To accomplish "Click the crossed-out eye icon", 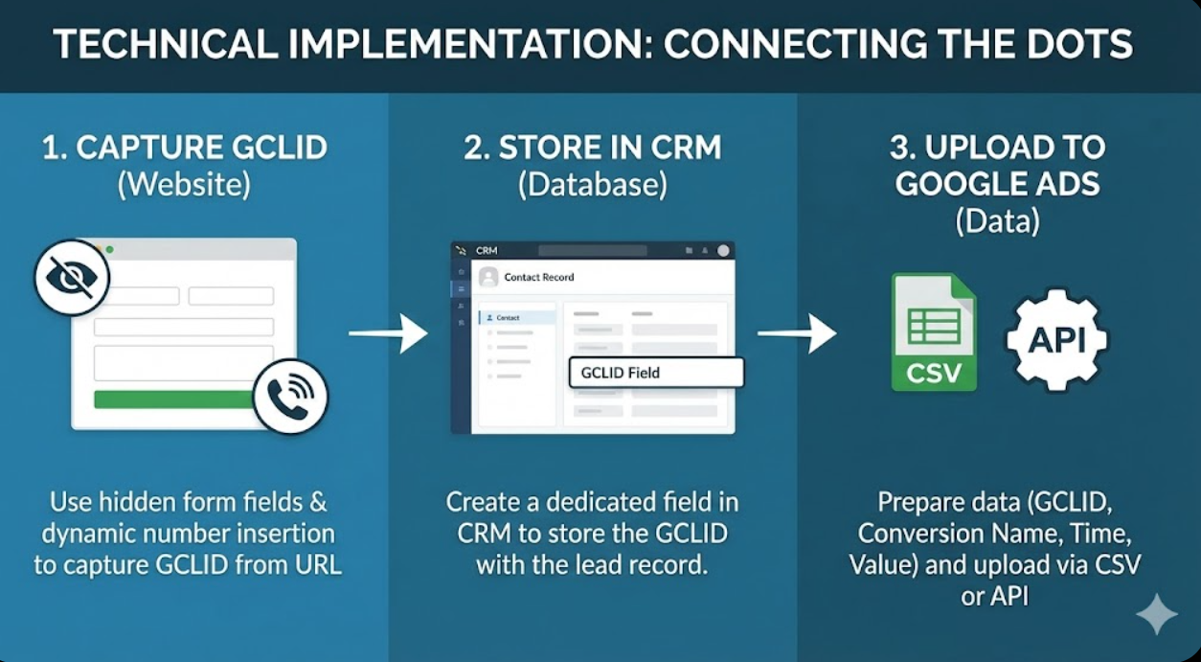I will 72,278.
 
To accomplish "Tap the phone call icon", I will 290,397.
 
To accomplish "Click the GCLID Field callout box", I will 656,373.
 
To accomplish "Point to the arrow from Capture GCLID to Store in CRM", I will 388,333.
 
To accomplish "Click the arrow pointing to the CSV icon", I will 797,333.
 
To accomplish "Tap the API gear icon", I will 1056,339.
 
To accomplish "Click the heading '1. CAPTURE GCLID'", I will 185,148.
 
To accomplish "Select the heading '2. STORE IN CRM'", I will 593,148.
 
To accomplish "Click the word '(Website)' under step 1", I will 184,184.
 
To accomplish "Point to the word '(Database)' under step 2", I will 593,184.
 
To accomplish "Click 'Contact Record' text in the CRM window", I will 539,277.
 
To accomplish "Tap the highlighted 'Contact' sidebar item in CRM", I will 517,317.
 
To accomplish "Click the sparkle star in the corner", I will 1156,613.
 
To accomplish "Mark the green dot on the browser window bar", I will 110,250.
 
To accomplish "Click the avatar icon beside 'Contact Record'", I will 488,277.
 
